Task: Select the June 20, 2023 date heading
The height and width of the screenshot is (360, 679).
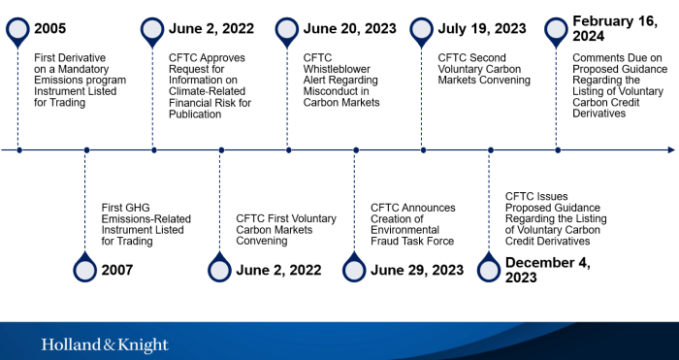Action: [x=349, y=29]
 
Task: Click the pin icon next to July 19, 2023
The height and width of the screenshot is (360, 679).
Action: [x=423, y=30]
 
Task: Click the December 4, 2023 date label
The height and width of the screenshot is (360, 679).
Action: [x=549, y=269]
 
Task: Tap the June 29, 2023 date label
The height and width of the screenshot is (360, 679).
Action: [x=417, y=269]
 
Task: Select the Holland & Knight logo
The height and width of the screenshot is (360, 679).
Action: [x=105, y=345]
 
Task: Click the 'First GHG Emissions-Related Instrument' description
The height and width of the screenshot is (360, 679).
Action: [x=140, y=223]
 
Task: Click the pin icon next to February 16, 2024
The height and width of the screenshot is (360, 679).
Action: [x=557, y=30]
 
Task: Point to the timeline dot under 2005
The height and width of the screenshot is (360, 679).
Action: [x=18, y=150]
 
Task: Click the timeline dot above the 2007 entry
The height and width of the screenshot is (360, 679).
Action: [x=86, y=150]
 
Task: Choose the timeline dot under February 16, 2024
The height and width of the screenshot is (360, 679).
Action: [x=558, y=150]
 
